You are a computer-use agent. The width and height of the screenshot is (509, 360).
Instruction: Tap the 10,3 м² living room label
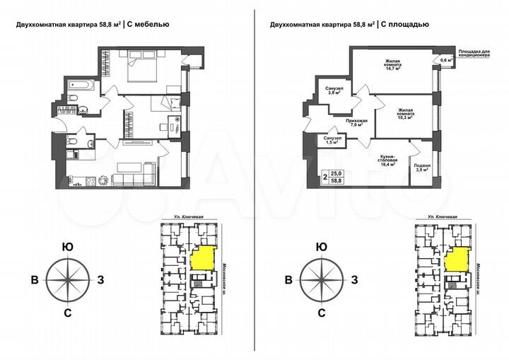coord(405,114)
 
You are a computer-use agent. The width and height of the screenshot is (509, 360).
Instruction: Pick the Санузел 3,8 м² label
coord(334,90)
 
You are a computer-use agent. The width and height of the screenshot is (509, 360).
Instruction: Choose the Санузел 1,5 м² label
coord(334,140)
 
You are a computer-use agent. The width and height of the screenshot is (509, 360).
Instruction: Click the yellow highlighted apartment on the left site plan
coord(204,257)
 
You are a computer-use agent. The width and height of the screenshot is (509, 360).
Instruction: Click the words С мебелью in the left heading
coord(147,24)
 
